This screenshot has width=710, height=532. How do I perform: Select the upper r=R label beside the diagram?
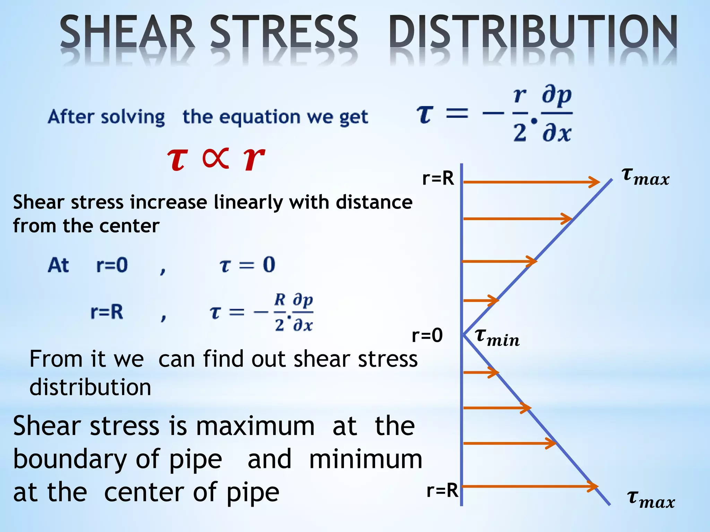438,179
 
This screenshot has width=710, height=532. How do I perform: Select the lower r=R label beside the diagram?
442,490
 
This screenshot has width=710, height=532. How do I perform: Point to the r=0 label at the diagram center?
427,335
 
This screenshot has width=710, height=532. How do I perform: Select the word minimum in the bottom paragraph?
365,459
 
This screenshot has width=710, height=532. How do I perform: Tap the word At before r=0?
58,265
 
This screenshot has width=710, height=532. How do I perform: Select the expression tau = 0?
248,265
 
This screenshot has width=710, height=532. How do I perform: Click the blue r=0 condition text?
112,265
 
